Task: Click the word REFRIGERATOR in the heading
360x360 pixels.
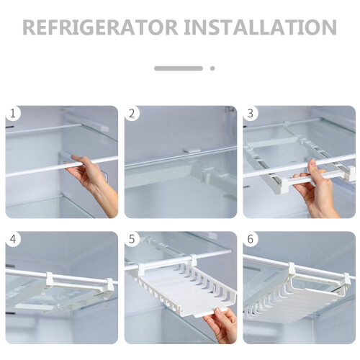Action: pyautogui.click(x=100, y=27)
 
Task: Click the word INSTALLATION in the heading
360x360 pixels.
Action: pyautogui.click(x=260, y=27)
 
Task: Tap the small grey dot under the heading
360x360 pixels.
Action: pyautogui.click(x=212, y=68)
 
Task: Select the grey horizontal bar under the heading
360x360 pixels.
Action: pyautogui.click(x=179, y=68)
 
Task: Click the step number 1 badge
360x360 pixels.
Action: pyautogui.click(x=12, y=113)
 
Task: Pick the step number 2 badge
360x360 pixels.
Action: pyautogui.click(x=132, y=113)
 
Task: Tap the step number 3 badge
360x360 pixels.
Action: pyautogui.click(x=250, y=113)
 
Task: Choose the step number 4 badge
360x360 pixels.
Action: pyautogui.click(x=12, y=239)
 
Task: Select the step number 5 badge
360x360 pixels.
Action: pyautogui.click(x=132, y=239)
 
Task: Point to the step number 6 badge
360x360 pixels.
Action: pyautogui.click(x=250, y=239)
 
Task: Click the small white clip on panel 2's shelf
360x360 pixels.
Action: pyautogui.click(x=192, y=151)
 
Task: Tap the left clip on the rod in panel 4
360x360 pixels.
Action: pyautogui.click(x=50, y=279)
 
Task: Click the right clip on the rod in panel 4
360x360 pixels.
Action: pyautogui.click(x=110, y=285)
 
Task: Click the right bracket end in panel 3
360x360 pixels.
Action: pyautogui.click(x=350, y=173)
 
